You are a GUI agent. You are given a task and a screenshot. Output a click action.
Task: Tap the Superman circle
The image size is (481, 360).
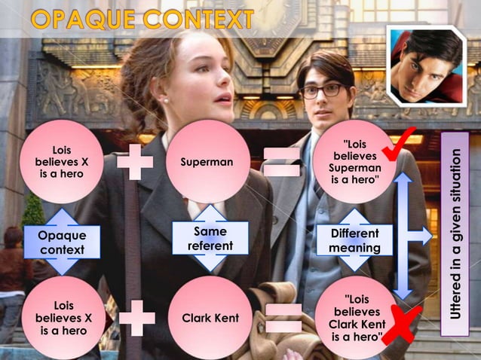click(x=207, y=162)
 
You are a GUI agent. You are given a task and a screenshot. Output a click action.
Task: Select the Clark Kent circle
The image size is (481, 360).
click(x=210, y=318)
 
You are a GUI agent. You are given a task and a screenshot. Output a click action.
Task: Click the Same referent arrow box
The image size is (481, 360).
click(x=210, y=238)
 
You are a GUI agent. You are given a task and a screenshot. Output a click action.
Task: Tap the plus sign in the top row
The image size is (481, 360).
click(x=135, y=162)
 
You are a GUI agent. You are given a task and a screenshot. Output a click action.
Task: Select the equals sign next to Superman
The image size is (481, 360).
click(x=281, y=162)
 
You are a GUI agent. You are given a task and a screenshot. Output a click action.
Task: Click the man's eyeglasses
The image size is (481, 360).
click(x=321, y=90)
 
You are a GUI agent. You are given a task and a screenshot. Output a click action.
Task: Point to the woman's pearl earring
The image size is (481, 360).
click(x=165, y=99)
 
